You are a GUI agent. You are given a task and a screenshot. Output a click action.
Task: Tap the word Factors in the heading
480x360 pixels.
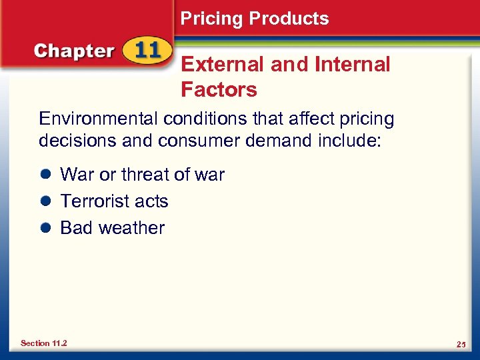[x=219, y=89]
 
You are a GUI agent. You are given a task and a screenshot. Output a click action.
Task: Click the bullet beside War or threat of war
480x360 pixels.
[x=45, y=175]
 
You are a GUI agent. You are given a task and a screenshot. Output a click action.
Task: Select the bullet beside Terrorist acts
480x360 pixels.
[x=45, y=201]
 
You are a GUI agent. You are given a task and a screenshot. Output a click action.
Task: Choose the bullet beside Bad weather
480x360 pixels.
[x=45, y=228]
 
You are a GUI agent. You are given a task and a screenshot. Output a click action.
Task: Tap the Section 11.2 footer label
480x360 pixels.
[x=44, y=343]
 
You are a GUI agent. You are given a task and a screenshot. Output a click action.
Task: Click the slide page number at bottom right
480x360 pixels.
[x=460, y=344]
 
